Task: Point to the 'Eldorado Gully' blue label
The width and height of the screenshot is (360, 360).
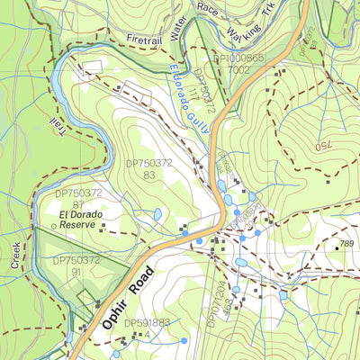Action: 189,99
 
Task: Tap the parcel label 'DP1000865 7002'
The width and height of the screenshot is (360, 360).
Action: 238,63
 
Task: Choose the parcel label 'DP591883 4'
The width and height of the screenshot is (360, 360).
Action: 147,328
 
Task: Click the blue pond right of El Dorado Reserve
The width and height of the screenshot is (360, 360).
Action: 158,214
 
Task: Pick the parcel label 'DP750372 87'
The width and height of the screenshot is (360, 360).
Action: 79,199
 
